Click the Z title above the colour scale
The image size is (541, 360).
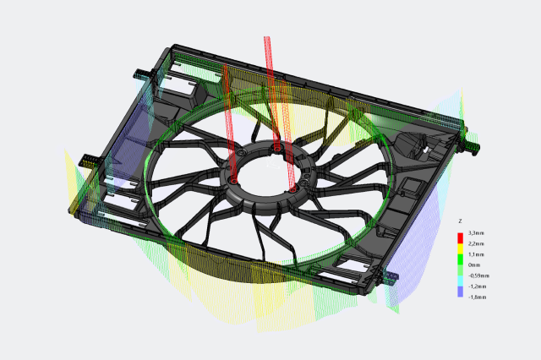(x=460, y=221)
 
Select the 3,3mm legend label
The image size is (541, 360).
(x=476, y=233)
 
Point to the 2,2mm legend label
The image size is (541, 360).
(x=476, y=243)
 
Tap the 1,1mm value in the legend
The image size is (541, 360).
(x=476, y=254)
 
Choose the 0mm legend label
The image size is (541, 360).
(x=474, y=265)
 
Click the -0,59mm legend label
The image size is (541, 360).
(x=478, y=275)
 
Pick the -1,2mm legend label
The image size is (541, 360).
(x=477, y=286)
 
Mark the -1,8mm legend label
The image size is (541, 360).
(x=477, y=297)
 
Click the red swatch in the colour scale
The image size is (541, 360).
(x=460, y=238)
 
